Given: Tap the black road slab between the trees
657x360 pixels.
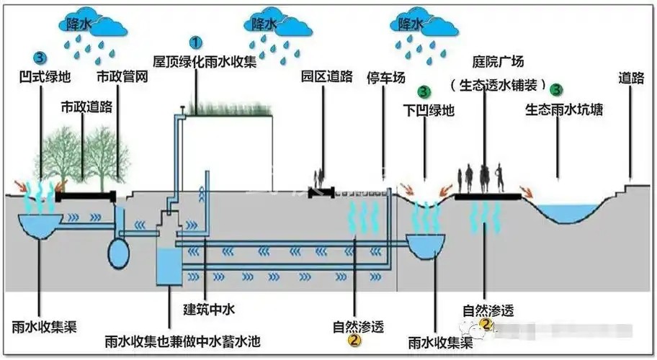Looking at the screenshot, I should coord(85,195).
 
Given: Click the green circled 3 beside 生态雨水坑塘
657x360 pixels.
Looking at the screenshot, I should coord(556,90).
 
